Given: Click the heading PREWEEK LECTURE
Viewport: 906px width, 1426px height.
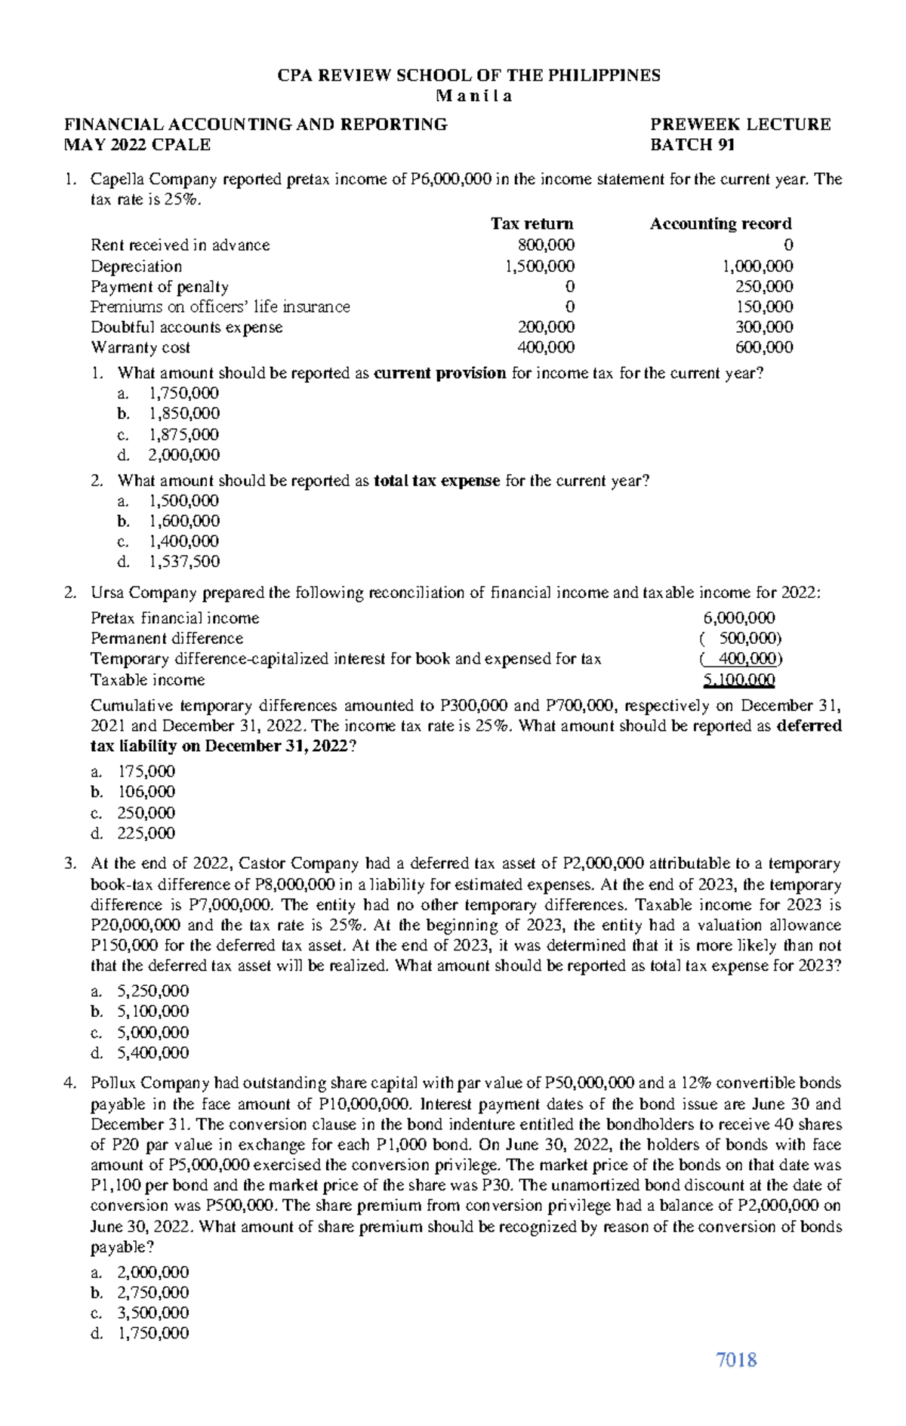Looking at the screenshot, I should [740, 125].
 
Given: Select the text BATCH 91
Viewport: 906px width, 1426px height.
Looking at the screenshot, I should [692, 145].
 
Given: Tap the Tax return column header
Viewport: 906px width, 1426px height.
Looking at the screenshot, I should [532, 223].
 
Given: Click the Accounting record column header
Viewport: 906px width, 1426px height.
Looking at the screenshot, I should [720, 223].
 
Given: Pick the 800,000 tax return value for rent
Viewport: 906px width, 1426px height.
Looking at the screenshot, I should [546, 245].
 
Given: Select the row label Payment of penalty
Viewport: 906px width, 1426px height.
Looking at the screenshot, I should [159, 286].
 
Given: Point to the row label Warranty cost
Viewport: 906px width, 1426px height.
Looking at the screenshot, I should [140, 347].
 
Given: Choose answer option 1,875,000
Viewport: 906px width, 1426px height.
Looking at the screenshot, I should [184, 434].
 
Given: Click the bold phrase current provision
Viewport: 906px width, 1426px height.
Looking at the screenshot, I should [440, 373].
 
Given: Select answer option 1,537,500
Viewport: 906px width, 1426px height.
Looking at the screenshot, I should [184, 562].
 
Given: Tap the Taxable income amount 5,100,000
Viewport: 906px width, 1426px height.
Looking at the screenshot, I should [738, 680].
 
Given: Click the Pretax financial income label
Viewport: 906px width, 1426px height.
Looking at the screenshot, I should [174, 618].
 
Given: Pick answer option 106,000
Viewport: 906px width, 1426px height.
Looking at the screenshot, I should [146, 792].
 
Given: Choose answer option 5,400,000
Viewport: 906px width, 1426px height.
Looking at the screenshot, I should [153, 1052].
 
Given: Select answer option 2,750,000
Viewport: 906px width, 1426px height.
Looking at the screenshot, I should [153, 1292].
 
